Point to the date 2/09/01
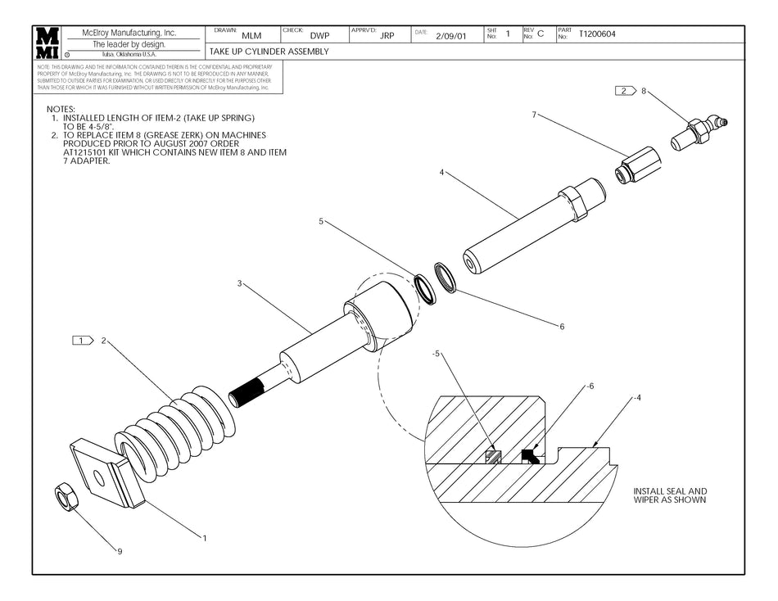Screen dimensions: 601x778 (x=450, y=37)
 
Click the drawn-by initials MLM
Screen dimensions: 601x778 (x=252, y=36)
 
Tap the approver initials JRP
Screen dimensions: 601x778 (x=387, y=36)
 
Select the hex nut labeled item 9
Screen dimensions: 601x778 (x=63, y=495)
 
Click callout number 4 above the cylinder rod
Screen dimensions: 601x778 (x=441, y=173)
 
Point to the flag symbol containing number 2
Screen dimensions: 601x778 (x=625, y=91)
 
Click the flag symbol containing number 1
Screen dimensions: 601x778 (x=83, y=340)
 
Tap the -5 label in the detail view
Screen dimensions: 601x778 (x=438, y=354)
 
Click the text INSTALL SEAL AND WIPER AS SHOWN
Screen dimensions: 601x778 (x=669, y=495)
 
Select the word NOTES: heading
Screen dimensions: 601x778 (x=61, y=109)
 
